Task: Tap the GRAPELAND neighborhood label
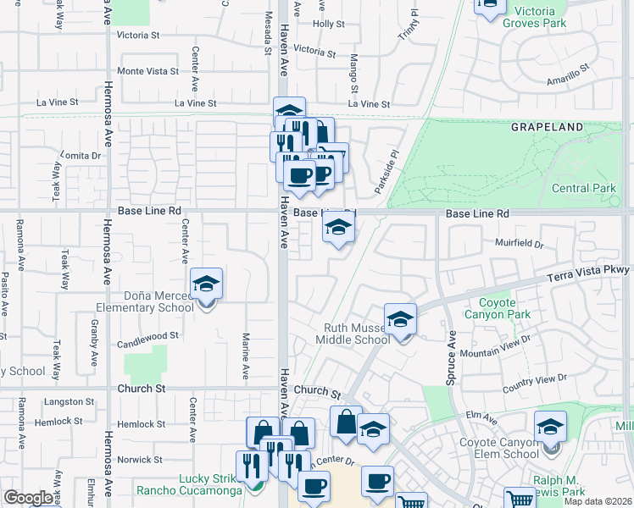coord(547,127)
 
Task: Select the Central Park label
coord(583,188)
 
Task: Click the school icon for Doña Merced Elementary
coord(206,284)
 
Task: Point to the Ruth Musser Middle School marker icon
coord(400,319)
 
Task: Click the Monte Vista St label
coord(148,71)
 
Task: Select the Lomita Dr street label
coord(81,156)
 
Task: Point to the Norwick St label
coord(139,460)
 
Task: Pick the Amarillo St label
coord(567,79)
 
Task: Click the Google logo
coord(28,498)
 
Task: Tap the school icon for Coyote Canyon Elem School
coord(550,427)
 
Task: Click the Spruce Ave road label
coord(450,355)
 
